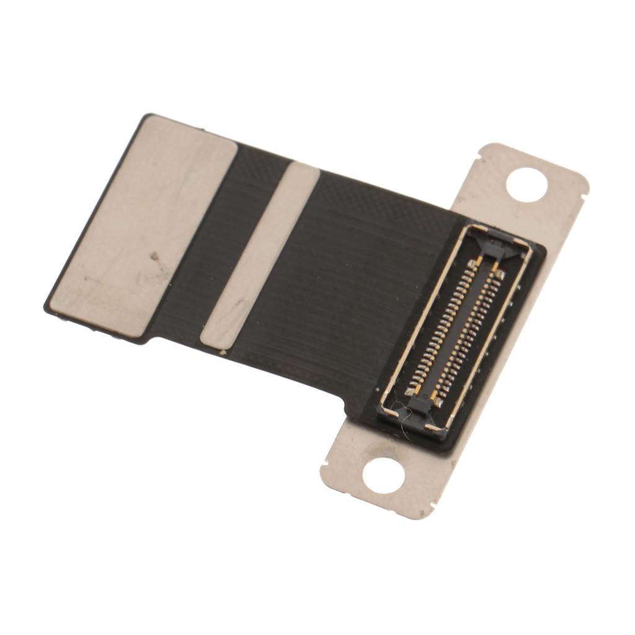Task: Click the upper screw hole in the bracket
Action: (526, 183)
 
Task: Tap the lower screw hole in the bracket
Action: (383, 476)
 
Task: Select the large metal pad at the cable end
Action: (143, 226)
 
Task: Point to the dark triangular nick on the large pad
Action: (154, 256)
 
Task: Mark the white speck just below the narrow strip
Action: (223, 353)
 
